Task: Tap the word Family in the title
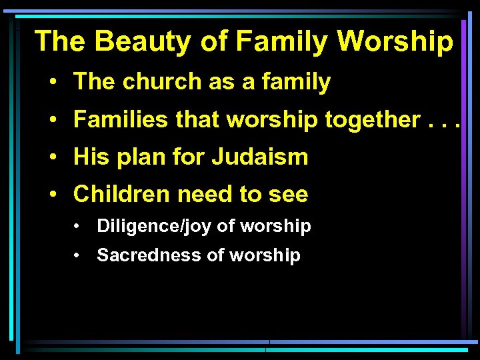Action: click(x=282, y=41)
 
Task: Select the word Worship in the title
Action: click(x=395, y=41)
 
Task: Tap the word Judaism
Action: click(x=260, y=157)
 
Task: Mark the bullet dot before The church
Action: click(x=51, y=83)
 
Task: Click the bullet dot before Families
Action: click(x=51, y=121)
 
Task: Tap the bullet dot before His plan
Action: click(x=51, y=158)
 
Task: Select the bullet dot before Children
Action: click(x=51, y=195)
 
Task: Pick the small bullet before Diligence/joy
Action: click(x=79, y=227)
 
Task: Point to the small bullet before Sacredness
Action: click(x=79, y=255)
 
